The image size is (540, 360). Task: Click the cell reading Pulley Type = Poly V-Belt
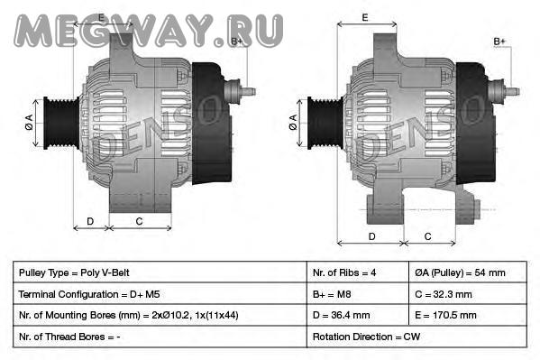click(x=160, y=272)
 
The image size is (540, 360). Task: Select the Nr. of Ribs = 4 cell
click(x=358, y=272)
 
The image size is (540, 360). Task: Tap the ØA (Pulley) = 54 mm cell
click(x=468, y=272)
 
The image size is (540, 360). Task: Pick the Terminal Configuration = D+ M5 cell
click(x=160, y=294)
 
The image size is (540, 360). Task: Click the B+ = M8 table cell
click(x=358, y=294)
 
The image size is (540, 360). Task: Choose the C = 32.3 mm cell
click(x=468, y=294)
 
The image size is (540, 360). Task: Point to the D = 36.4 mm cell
click(x=358, y=315)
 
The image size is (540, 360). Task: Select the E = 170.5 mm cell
click(x=468, y=315)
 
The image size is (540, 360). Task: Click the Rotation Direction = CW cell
click(x=416, y=337)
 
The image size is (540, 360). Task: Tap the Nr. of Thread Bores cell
click(x=160, y=337)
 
